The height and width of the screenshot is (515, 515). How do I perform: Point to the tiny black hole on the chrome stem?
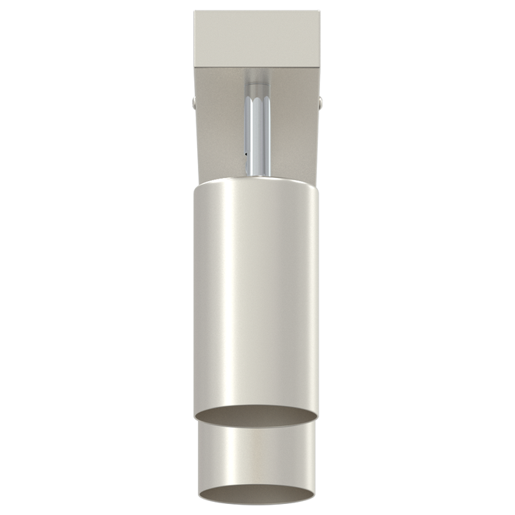(245, 154)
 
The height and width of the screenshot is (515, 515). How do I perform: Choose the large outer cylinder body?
(257, 294)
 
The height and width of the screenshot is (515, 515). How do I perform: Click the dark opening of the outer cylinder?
(257, 416)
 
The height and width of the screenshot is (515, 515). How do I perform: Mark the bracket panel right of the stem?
(294, 125)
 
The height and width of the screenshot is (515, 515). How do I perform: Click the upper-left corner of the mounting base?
(196, 12)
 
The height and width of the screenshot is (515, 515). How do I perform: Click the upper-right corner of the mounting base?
(319, 12)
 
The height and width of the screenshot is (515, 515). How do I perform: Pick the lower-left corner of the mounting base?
(196, 65)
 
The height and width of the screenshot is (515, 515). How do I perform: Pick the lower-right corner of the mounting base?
(319, 65)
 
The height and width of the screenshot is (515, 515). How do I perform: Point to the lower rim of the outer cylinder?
(257, 427)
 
